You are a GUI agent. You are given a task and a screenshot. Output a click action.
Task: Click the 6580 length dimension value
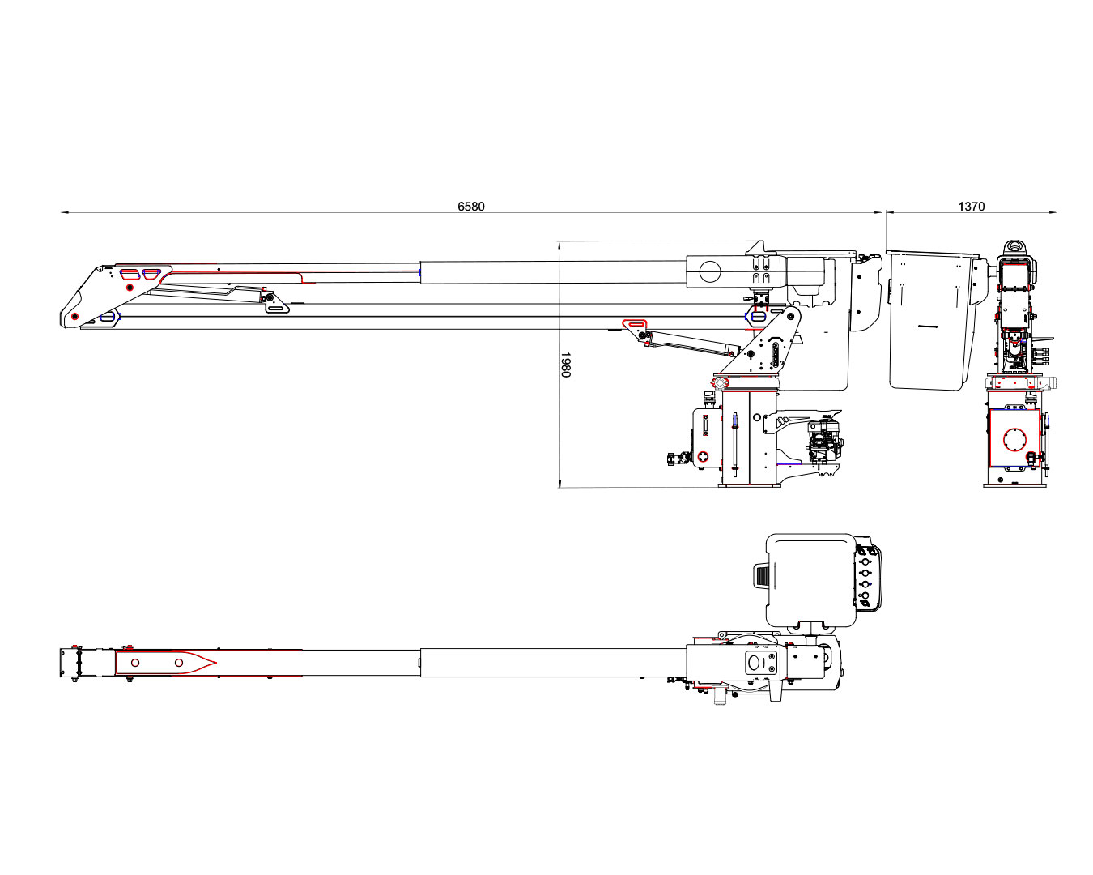pyautogui.click(x=471, y=207)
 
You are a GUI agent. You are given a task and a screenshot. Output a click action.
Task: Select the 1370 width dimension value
pyautogui.click(x=971, y=207)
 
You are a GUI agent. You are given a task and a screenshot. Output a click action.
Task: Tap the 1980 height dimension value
pyautogui.click(x=566, y=364)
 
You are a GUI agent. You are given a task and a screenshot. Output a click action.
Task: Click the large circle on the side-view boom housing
pyautogui.click(x=710, y=272)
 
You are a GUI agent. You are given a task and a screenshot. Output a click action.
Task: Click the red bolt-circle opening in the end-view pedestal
pyautogui.click(x=1014, y=440)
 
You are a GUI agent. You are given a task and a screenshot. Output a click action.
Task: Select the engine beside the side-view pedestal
pyautogui.click(x=824, y=442)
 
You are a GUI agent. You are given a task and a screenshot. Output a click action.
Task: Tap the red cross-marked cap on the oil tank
pyautogui.click(x=703, y=457)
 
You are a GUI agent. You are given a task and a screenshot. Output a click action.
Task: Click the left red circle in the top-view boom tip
pyautogui.click(x=135, y=663)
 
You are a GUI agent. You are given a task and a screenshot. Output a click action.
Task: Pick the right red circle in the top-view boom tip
pyautogui.click(x=179, y=663)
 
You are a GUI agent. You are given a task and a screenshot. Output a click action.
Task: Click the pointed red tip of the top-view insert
pyautogui.click(x=216, y=663)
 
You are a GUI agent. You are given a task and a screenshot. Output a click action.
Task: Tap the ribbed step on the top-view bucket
pyautogui.click(x=762, y=577)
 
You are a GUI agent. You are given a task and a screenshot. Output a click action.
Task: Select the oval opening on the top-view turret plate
pyautogui.click(x=754, y=663)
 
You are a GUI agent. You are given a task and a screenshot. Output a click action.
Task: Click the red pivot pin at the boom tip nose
pyautogui.click(x=75, y=317)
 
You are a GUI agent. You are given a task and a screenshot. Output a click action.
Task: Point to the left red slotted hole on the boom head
pyautogui.click(x=129, y=273)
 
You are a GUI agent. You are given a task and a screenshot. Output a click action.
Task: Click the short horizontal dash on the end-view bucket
pyautogui.click(x=928, y=326)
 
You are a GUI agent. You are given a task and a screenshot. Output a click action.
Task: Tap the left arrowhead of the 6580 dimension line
pyautogui.click(x=62, y=212)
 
